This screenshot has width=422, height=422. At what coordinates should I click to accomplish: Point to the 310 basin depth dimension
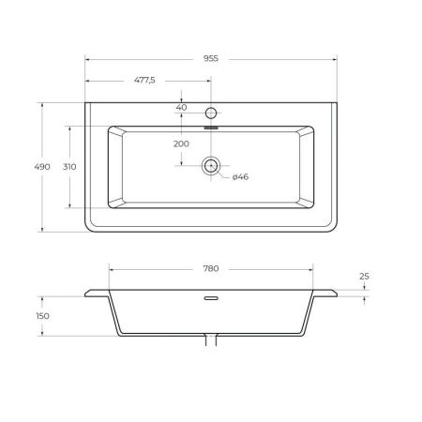pos(69,166)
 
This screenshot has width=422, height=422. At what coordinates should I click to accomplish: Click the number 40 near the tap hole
pos(181,107)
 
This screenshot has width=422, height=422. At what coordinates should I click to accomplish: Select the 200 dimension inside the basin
pos(181,143)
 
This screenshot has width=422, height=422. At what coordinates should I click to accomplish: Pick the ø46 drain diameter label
pos(240,176)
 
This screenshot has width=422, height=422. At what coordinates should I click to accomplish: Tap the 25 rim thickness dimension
pos(364,277)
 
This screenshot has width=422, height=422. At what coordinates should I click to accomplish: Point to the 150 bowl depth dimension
pos(42,316)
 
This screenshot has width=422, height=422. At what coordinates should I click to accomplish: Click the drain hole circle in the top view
pos(211,166)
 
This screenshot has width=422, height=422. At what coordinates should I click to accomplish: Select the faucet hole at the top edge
pos(211,112)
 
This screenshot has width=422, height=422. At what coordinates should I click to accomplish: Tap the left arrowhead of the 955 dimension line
pos(88,57)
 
